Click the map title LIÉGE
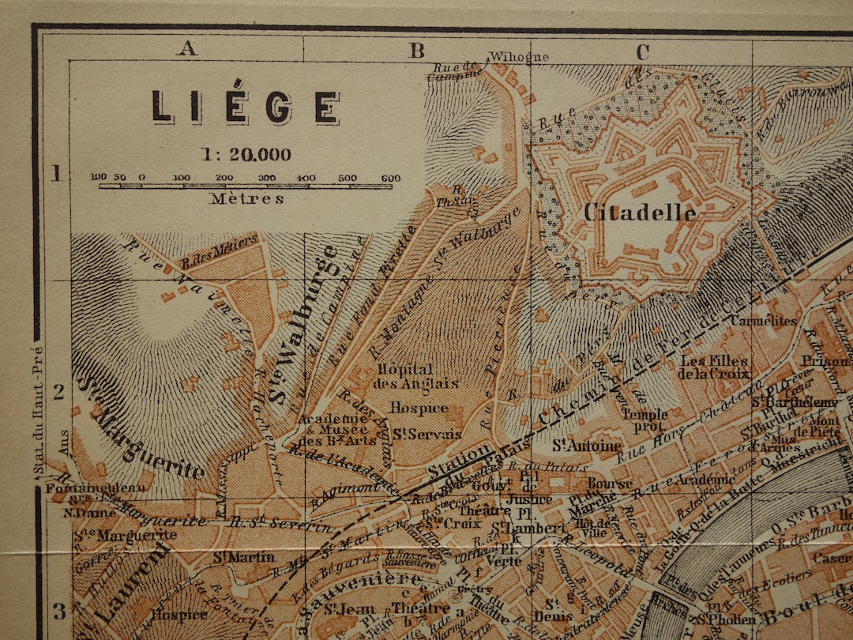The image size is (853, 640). [x=246, y=107]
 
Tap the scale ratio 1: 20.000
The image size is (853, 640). [x=246, y=155]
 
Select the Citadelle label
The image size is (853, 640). [x=640, y=213]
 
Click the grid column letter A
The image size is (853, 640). [x=186, y=49]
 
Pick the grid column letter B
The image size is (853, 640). [x=416, y=51]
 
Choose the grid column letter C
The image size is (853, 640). [x=642, y=53]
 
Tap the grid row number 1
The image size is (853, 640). [x=56, y=174]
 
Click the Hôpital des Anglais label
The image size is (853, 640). [x=405, y=376]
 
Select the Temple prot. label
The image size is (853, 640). [x=644, y=419]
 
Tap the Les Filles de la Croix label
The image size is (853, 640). [x=713, y=367]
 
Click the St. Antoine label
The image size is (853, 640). [x=587, y=446]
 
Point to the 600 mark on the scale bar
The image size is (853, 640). [x=390, y=178]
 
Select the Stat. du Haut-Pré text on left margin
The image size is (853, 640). [x=37, y=411]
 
